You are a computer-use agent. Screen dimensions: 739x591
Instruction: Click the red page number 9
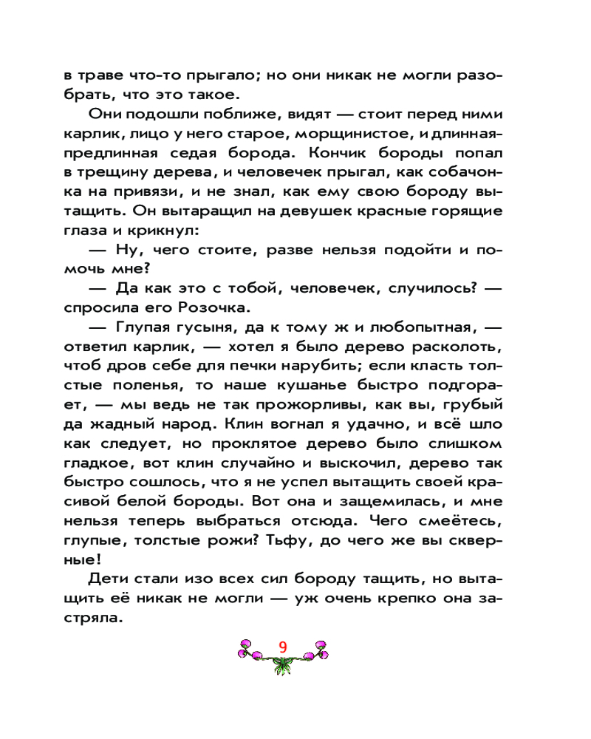point(282,645)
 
